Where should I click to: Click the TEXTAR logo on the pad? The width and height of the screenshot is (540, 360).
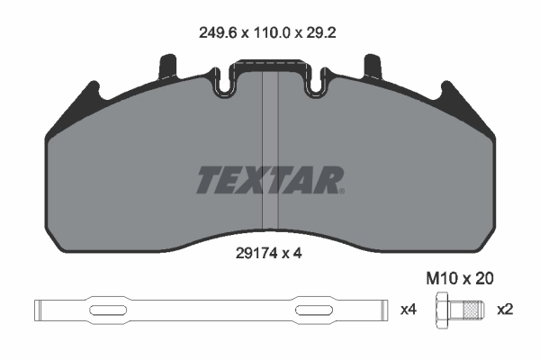tap(270, 180)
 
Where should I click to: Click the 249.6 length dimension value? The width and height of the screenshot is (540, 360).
tap(218, 33)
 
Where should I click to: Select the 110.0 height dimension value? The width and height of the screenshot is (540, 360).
tap(273, 33)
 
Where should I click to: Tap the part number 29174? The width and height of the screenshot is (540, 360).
tap(256, 254)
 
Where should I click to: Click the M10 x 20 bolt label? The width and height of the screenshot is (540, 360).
tap(460, 278)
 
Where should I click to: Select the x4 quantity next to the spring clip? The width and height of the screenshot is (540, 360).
tap(409, 310)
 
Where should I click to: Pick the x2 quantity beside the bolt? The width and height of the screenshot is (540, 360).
tap(505, 310)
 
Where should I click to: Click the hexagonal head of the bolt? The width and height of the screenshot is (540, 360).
tap(443, 310)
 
